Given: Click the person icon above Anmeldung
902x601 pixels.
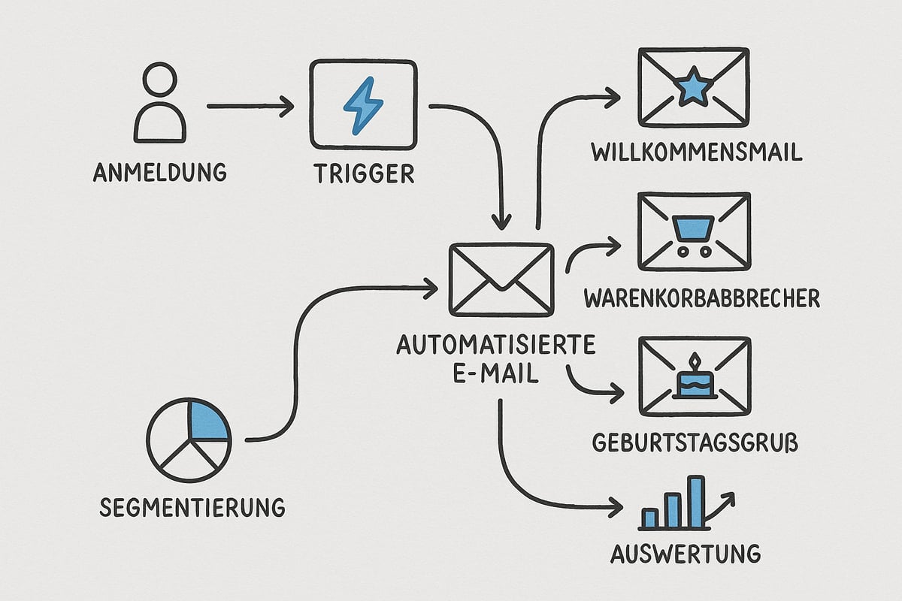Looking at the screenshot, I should [x=159, y=103].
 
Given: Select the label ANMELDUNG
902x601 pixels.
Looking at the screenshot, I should [x=159, y=172].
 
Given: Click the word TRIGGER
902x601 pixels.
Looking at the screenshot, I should [x=362, y=173].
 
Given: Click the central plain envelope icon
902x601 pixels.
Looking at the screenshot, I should [x=501, y=278].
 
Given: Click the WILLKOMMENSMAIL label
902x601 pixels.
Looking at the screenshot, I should [x=697, y=152].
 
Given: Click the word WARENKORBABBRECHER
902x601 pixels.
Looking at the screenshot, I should [x=701, y=298].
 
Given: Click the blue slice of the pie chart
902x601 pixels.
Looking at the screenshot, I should [x=208, y=420].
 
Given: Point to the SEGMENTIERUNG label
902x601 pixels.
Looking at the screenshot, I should [x=192, y=506].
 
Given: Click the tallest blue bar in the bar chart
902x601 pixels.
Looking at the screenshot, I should [x=697, y=501].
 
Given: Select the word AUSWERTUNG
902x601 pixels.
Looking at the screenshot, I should [x=685, y=554].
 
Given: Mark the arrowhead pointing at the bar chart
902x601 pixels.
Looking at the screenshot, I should [x=616, y=508].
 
